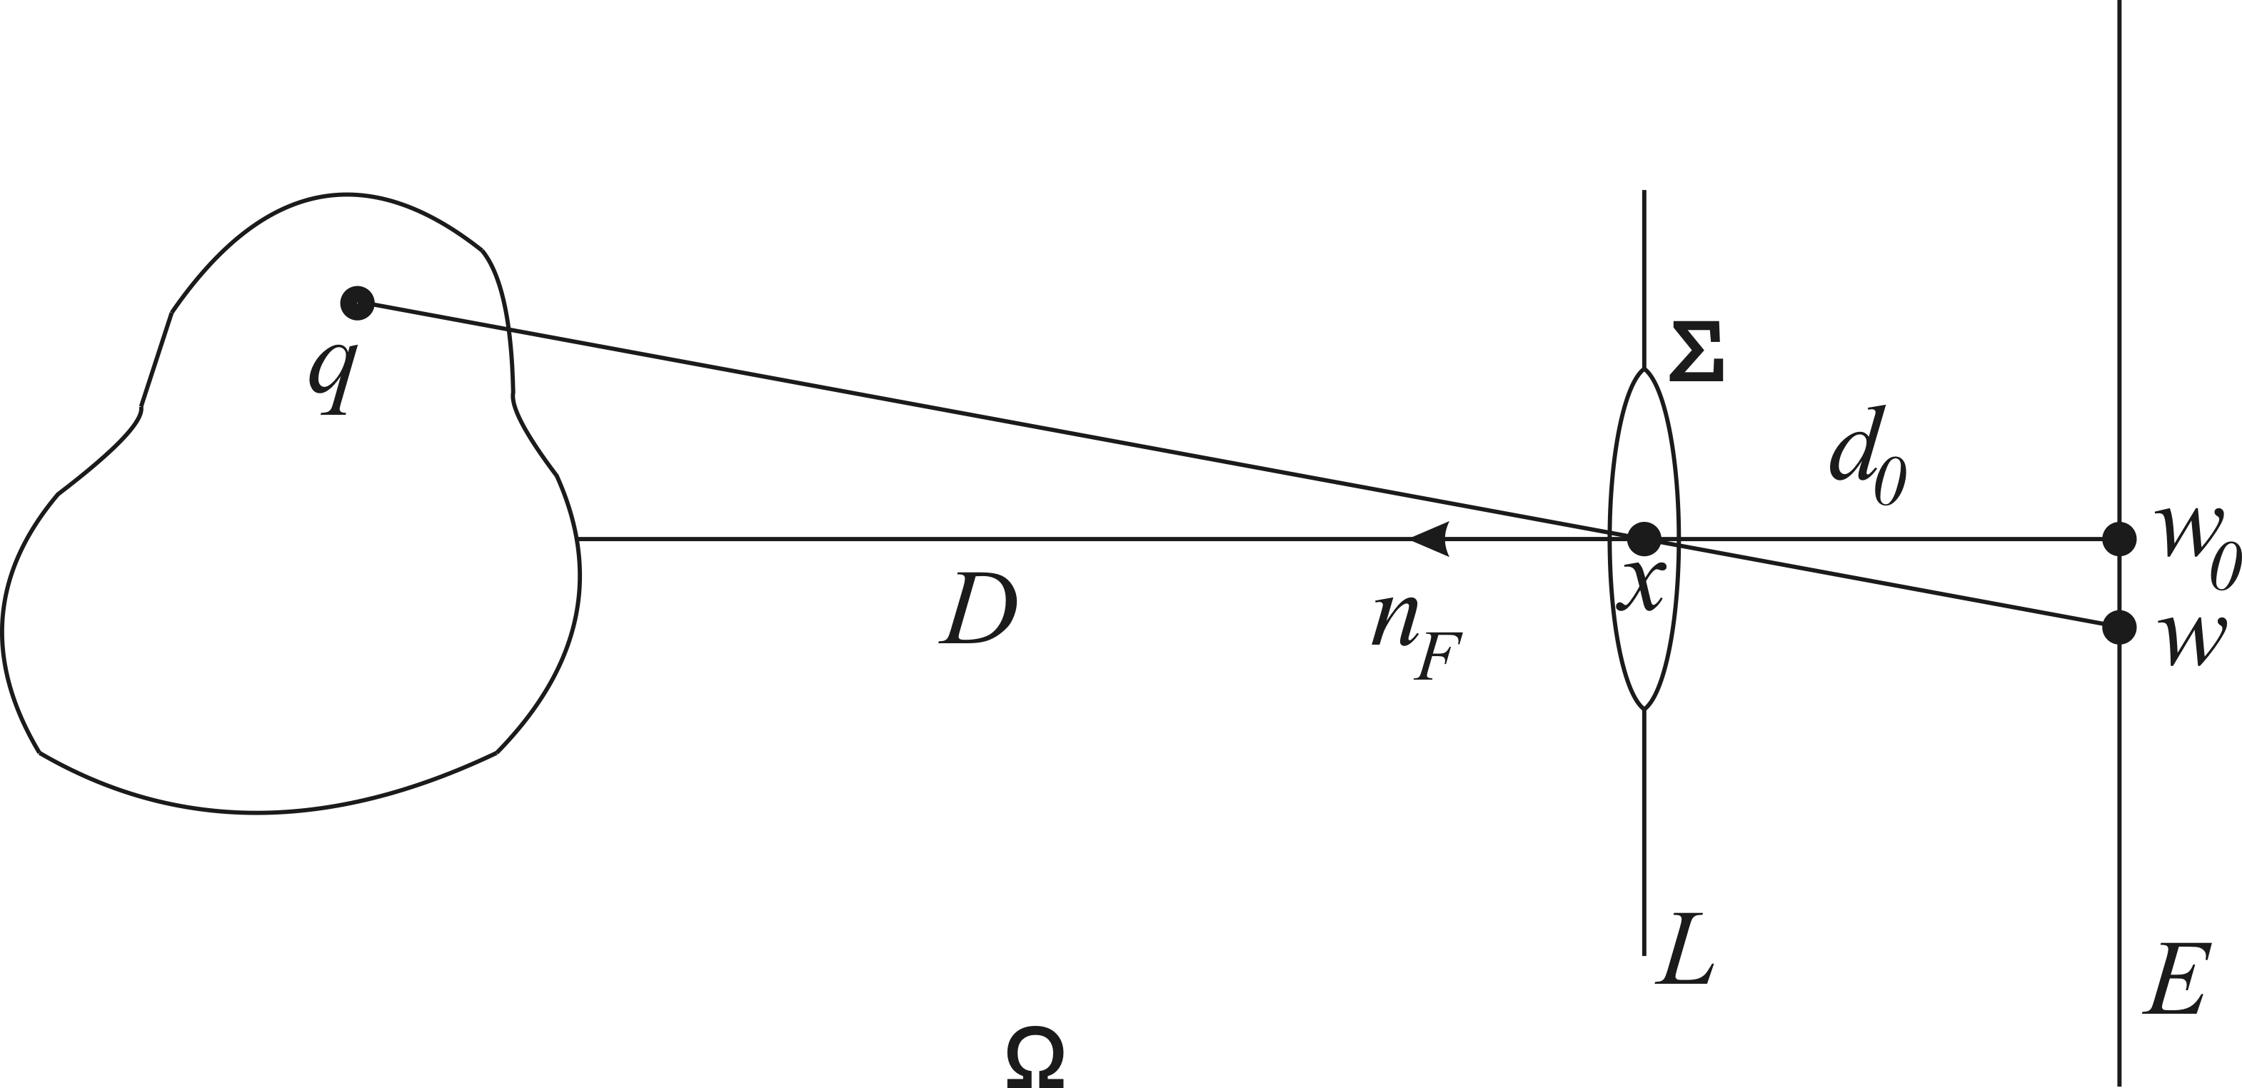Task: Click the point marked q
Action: [x=357, y=303]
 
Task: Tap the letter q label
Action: [x=333, y=378]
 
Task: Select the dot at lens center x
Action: [x=1644, y=539]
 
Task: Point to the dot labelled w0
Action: [x=2119, y=539]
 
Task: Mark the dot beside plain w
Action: [x=2119, y=628]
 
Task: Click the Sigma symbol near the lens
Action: [x=1696, y=352]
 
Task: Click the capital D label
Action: [x=978, y=608]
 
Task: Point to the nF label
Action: [x=1415, y=635]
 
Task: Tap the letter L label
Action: [x=1684, y=949]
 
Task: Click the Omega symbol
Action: [x=1035, y=1057]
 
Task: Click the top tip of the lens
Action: [x=1644, y=369]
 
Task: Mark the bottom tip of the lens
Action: [x=1644, y=708]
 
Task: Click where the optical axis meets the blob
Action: [x=578, y=539]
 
